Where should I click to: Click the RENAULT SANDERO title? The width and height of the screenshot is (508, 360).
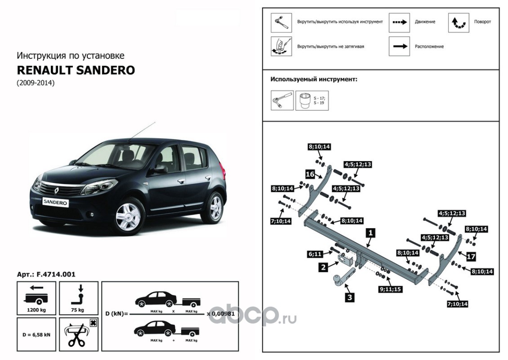76,70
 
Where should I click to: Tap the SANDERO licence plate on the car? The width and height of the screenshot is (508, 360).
56,202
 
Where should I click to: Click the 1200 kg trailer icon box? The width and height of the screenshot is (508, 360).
36,298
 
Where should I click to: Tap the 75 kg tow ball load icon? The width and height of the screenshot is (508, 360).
79,298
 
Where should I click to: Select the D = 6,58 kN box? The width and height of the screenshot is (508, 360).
36,334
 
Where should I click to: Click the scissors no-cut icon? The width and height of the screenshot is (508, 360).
79,334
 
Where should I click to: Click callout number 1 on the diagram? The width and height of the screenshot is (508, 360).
370,233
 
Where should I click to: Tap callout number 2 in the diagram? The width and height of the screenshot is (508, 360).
323,267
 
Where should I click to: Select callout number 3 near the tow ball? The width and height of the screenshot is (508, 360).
350,297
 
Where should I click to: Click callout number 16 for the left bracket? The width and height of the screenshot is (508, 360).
310,174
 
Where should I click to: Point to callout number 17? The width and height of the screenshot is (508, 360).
471,256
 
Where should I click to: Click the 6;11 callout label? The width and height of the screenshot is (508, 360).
315,254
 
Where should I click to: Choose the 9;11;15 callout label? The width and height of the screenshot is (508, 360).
390,289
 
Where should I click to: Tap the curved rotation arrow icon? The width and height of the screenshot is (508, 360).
459,22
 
